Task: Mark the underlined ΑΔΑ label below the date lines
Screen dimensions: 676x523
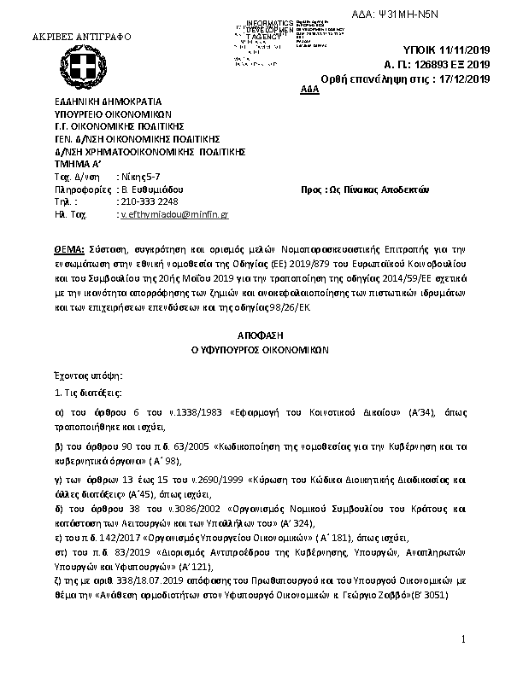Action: [311, 90]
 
